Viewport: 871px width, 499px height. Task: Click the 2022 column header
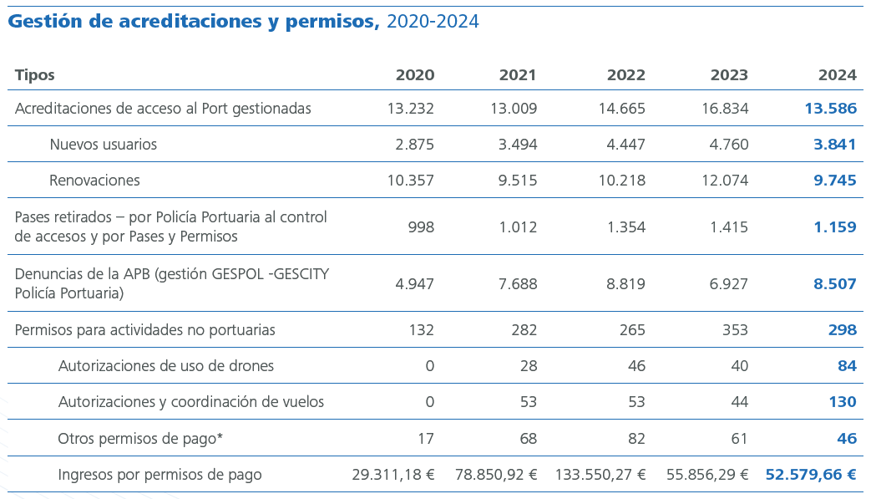pyautogui.click(x=625, y=75)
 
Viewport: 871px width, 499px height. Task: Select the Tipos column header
pyautogui.click(x=35, y=75)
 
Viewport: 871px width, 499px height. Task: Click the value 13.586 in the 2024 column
pyautogui.click(x=830, y=109)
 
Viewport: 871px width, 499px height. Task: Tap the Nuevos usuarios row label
pyautogui.click(x=103, y=145)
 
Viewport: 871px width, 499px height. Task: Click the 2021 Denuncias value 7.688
pyautogui.click(x=518, y=284)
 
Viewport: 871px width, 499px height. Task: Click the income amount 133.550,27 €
pyautogui.click(x=600, y=475)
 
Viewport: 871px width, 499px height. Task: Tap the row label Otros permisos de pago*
pyautogui.click(x=140, y=438)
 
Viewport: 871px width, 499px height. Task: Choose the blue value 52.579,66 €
pyautogui.click(x=811, y=475)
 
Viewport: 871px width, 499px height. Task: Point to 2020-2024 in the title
pyautogui.click(x=432, y=22)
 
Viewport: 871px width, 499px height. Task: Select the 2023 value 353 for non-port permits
pyautogui.click(x=734, y=330)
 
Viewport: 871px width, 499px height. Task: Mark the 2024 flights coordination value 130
pyautogui.click(x=842, y=402)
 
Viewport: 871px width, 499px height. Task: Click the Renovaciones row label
pyautogui.click(x=94, y=181)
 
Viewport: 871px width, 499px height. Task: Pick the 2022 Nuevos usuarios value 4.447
pyautogui.click(x=625, y=145)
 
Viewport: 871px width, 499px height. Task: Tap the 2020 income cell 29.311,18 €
pyautogui.click(x=393, y=475)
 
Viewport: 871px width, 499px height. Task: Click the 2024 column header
pyautogui.click(x=837, y=75)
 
